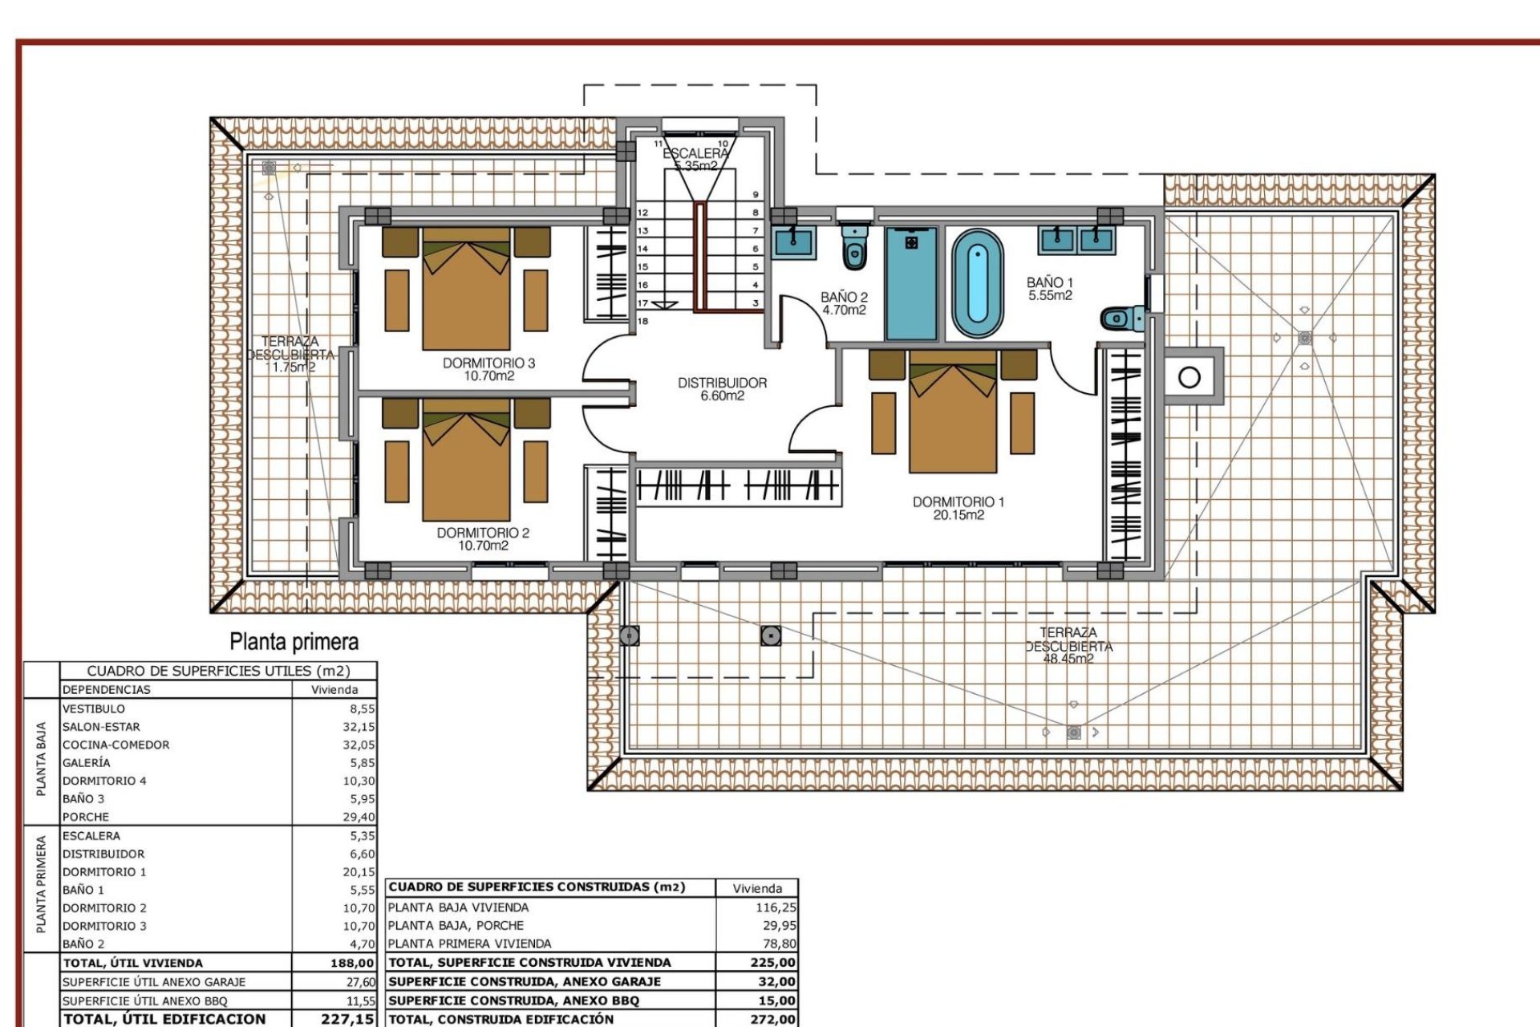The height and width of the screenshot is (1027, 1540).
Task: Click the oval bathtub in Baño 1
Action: tap(977, 284)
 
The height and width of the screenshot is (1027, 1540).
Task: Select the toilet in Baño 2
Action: tap(855, 247)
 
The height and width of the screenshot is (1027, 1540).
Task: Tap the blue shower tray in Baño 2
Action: tap(911, 284)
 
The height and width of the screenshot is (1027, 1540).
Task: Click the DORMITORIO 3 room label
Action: tap(488, 363)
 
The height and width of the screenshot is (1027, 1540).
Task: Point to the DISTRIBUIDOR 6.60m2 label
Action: tap(722, 389)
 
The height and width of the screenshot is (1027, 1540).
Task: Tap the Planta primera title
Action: tap(294, 641)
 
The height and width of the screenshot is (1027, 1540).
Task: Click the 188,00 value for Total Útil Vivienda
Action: tap(352, 963)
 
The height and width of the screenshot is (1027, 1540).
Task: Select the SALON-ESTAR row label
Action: tap(101, 727)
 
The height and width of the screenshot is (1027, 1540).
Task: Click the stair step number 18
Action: tap(642, 321)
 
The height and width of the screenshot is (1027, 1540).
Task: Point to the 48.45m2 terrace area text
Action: tap(1068, 659)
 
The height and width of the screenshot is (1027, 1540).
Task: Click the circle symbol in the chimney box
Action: tap(1189, 376)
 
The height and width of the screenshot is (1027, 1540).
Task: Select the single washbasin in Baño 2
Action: tap(794, 240)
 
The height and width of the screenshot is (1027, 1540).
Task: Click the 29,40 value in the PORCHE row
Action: tap(359, 817)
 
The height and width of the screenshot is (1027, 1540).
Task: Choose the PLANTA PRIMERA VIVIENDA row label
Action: tap(469, 944)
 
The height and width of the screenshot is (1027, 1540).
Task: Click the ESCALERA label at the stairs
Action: tap(695, 152)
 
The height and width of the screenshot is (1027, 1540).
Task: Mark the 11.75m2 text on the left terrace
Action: tap(290, 367)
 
